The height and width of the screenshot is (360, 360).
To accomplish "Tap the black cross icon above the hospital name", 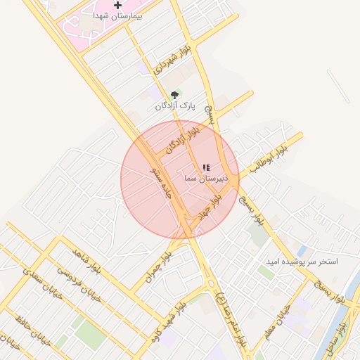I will point(117,6).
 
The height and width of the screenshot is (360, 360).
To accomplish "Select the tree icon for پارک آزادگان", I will point(174,94).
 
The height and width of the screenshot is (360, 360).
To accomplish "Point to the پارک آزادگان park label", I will point(174,105).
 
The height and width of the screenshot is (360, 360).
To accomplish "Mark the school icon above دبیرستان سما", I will point(206,168).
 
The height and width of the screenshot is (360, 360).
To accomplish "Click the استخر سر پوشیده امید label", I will point(302,262).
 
